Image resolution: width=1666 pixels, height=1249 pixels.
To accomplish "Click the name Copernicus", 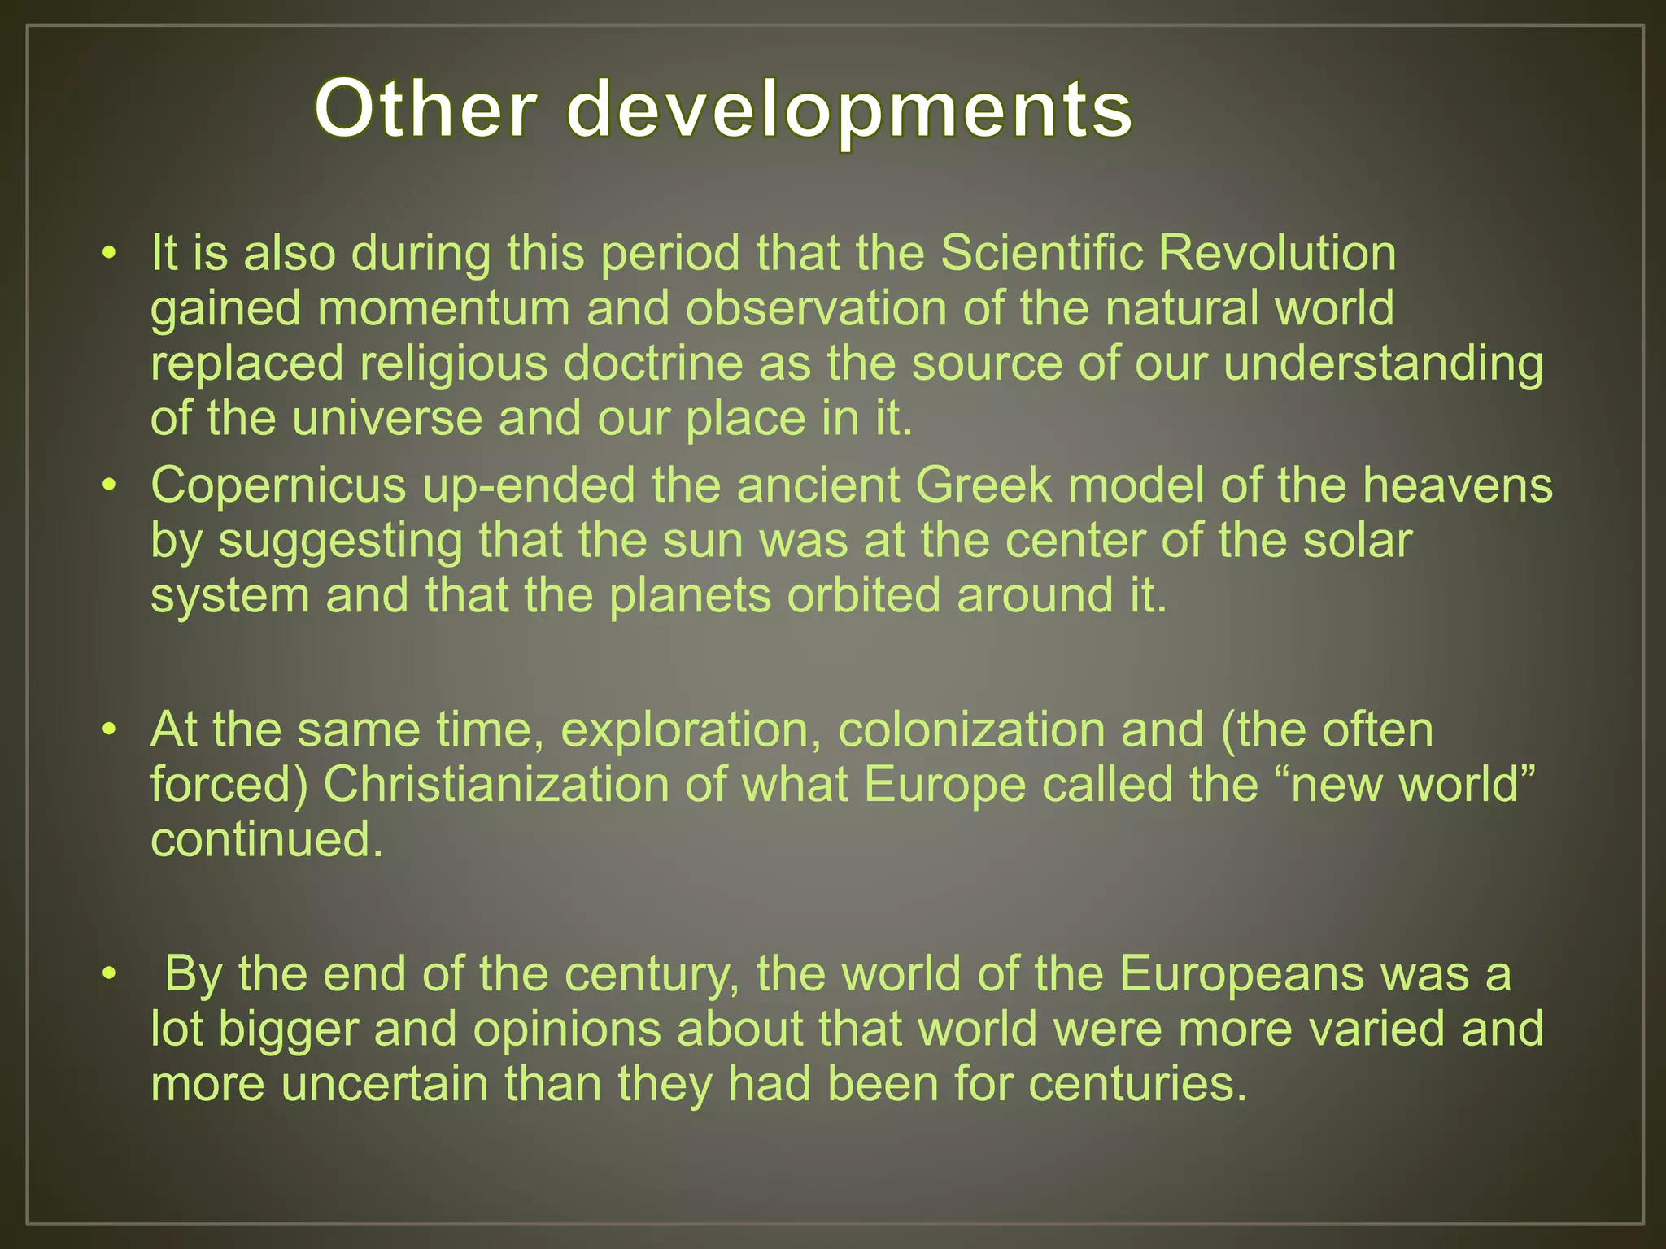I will pyautogui.click(x=278, y=485).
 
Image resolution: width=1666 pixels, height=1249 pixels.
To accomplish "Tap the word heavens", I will pyautogui.click(x=1458, y=485).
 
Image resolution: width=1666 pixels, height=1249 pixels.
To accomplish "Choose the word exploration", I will pyautogui.click(x=691, y=729).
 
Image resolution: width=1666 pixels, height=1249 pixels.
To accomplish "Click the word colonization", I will pyautogui.click(x=971, y=729).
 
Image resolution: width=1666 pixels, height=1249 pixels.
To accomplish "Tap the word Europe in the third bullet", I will pyautogui.click(x=944, y=786).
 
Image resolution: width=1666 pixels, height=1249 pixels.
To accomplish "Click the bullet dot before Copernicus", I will pyautogui.click(x=110, y=486).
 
